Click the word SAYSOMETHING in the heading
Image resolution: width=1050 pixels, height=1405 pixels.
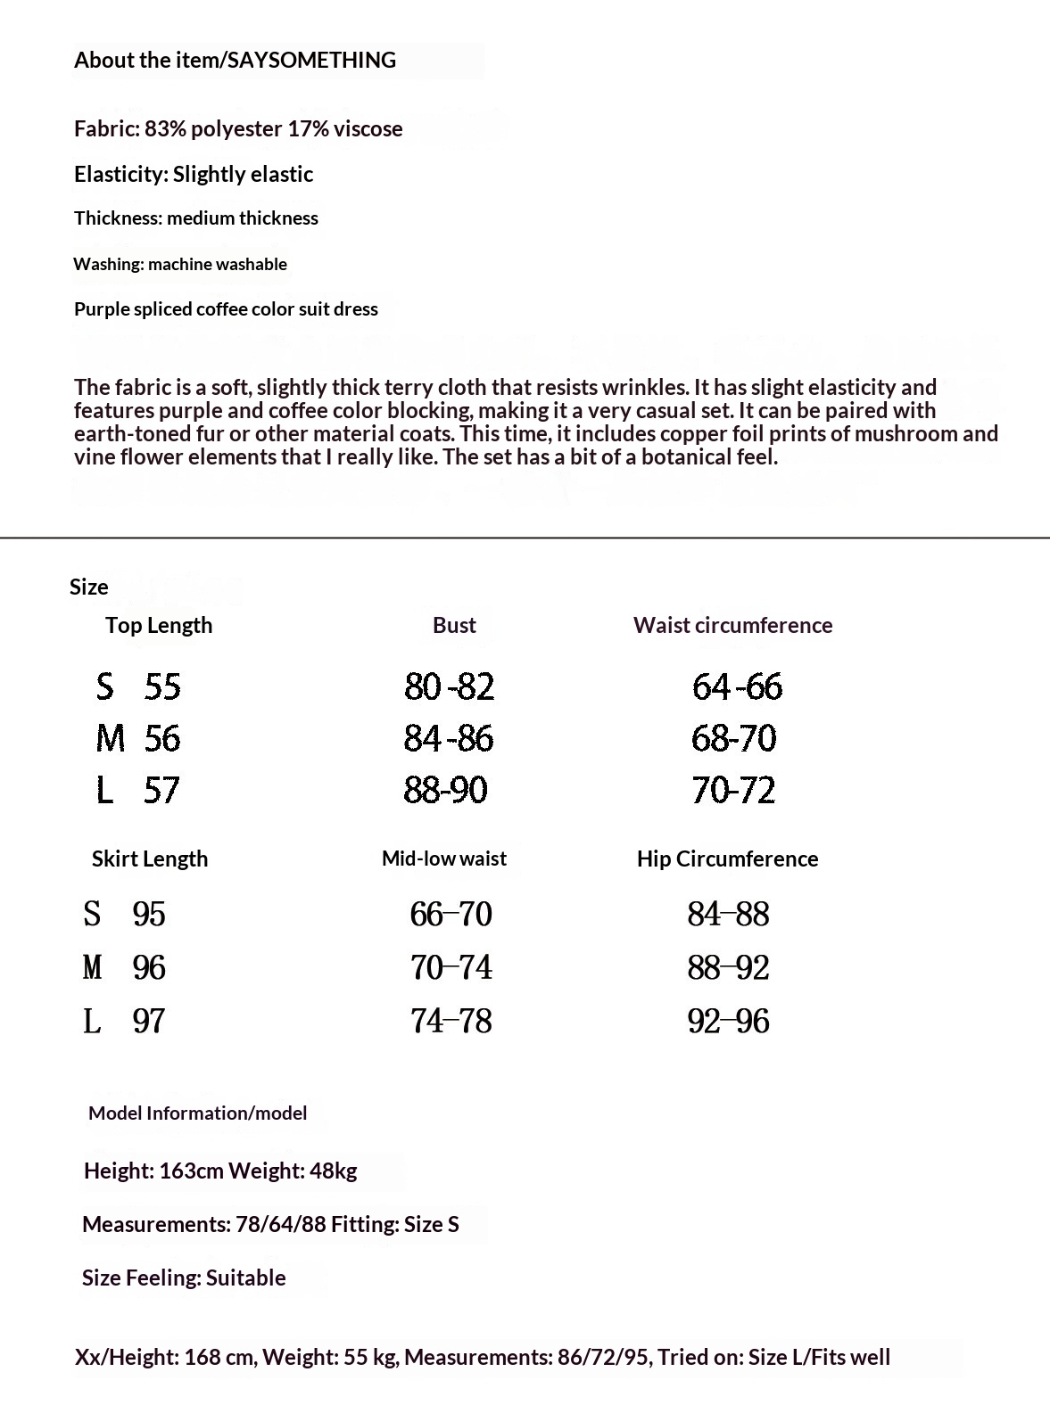tap(312, 60)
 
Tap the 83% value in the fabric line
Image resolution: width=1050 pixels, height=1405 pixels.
tap(166, 128)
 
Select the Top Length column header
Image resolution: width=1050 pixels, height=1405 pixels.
tap(159, 625)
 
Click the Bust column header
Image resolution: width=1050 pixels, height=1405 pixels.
tap(454, 625)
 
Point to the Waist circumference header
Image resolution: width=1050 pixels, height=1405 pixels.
tap(732, 625)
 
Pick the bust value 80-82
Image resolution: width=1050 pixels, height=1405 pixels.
tap(449, 686)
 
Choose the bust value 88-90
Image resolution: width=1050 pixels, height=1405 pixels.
tap(445, 790)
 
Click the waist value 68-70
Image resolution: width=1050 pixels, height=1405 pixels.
tap(733, 738)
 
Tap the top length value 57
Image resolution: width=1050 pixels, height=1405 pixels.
tap(161, 790)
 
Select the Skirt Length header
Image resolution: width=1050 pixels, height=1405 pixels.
tap(150, 859)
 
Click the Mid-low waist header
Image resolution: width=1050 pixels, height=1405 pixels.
tap(443, 859)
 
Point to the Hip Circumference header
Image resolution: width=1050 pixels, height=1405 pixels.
tap(727, 859)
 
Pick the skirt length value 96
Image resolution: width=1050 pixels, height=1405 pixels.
tap(149, 967)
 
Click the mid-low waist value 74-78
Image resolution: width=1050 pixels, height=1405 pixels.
tap(451, 1021)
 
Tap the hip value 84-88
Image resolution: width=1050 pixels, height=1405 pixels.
tap(728, 914)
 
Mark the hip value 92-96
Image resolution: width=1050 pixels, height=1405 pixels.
tap(728, 1021)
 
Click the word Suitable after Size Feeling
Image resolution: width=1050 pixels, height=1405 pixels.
tap(246, 1278)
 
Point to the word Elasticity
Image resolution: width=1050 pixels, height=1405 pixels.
tap(121, 174)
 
